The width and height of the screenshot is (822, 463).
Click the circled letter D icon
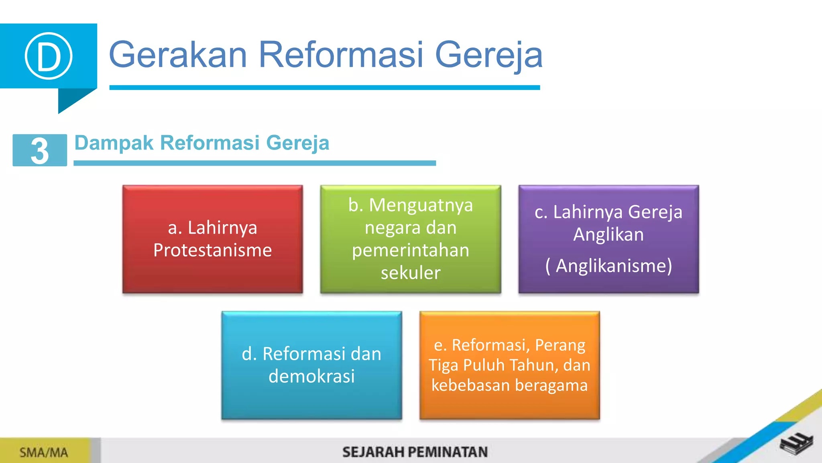(x=49, y=56)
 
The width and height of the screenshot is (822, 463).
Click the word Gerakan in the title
(x=178, y=55)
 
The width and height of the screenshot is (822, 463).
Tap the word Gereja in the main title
(x=488, y=55)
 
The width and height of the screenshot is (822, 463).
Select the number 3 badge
(x=40, y=150)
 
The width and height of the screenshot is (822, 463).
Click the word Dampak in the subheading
(x=114, y=143)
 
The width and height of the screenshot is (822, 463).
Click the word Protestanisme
(x=212, y=250)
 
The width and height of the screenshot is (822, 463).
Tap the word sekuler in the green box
(x=410, y=273)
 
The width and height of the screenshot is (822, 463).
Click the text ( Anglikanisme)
(x=608, y=266)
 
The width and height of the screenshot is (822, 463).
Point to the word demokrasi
(x=311, y=377)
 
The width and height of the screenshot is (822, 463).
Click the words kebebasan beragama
(x=509, y=385)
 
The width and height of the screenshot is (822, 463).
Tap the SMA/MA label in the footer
(x=44, y=453)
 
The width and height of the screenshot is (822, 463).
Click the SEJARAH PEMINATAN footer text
(x=415, y=452)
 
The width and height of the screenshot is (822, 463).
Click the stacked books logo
(x=796, y=444)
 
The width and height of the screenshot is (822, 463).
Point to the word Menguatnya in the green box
(x=421, y=205)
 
